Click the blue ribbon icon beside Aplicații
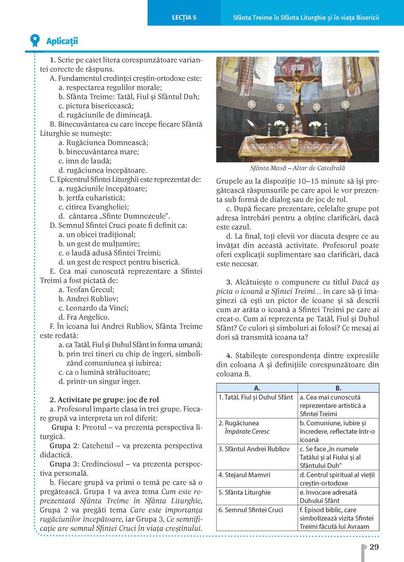pos(35,40)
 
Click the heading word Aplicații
pos(62,41)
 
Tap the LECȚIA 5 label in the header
pos(184,17)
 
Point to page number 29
pos(374,547)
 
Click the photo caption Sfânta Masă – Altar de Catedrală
pos(297,168)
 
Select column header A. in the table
pos(257,388)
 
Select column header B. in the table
pos(339,388)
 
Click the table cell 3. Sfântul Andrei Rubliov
pos(254,449)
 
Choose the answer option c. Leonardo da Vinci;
pos(93,308)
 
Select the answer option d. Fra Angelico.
pos(84,317)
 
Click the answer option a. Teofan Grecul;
pos(86,289)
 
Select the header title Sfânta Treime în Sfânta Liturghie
pos(306,17)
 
